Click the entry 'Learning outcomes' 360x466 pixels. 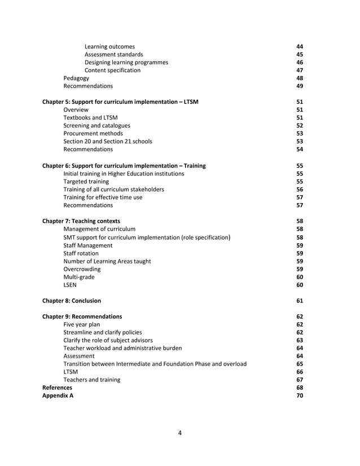tap(109, 46)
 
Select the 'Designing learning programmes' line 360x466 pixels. tap(126, 62)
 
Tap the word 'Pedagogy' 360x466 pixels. tap(76, 78)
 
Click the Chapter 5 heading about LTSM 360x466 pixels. tap(121, 102)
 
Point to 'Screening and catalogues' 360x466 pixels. tap(96, 125)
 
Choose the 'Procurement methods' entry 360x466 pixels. tap(93, 133)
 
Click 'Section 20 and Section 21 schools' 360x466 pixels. tap(107, 141)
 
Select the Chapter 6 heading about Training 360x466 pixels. tap(124, 166)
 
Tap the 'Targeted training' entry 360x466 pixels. tap(86, 182)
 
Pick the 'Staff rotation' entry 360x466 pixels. tap(81, 253)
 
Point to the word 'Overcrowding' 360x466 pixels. tap(82, 269)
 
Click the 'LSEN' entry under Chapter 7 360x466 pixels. tap(70, 285)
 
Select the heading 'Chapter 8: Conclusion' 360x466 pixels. tap(72, 301)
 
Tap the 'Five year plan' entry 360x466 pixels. tap(83, 324)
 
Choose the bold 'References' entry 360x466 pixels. tap(58, 388)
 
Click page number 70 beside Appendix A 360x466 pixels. tap(300, 395)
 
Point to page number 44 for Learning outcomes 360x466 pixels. tap(300, 46)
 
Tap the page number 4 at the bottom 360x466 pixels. tap(179, 433)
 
